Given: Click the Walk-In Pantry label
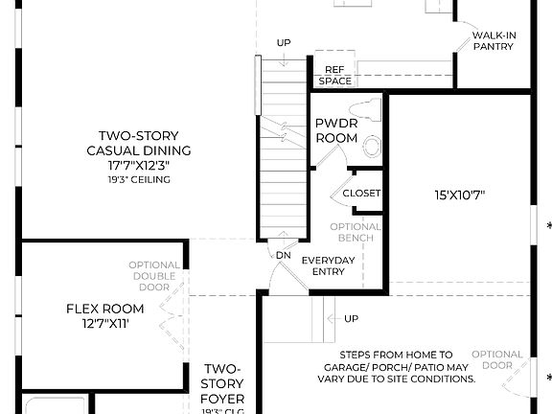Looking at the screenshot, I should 494,40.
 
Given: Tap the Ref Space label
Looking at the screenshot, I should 334,76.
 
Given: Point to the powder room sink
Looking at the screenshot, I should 372,146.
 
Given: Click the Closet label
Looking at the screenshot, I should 361,193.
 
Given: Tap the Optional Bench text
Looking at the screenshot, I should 356,233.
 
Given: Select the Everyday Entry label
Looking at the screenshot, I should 329,266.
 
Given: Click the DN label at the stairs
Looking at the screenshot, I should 283,256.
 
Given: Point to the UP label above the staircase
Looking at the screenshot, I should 284,43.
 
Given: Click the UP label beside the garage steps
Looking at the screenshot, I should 351,318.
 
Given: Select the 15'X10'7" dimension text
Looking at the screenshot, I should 460,195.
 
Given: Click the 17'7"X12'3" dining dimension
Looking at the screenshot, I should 139,165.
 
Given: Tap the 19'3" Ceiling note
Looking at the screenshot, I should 139,179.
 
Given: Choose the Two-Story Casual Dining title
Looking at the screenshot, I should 139,143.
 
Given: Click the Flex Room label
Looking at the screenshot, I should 104,315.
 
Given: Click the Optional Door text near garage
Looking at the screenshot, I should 497,360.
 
